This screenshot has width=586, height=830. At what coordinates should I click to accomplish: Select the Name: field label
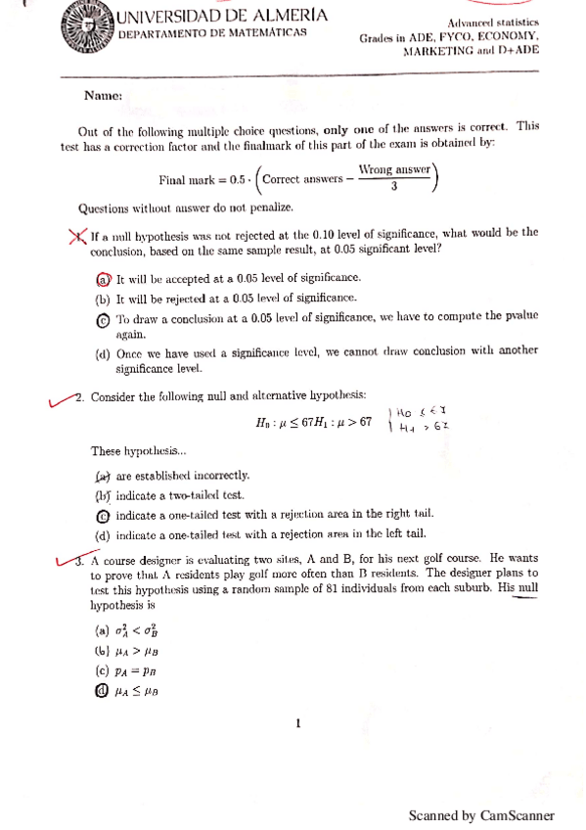(x=103, y=96)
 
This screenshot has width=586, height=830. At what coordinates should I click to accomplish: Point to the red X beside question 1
(x=76, y=236)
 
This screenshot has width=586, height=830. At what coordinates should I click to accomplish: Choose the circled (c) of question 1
(x=102, y=319)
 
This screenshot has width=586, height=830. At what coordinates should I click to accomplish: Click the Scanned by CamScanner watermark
(x=481, y=814)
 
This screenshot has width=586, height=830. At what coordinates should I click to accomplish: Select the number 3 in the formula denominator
(x=392, y=189)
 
